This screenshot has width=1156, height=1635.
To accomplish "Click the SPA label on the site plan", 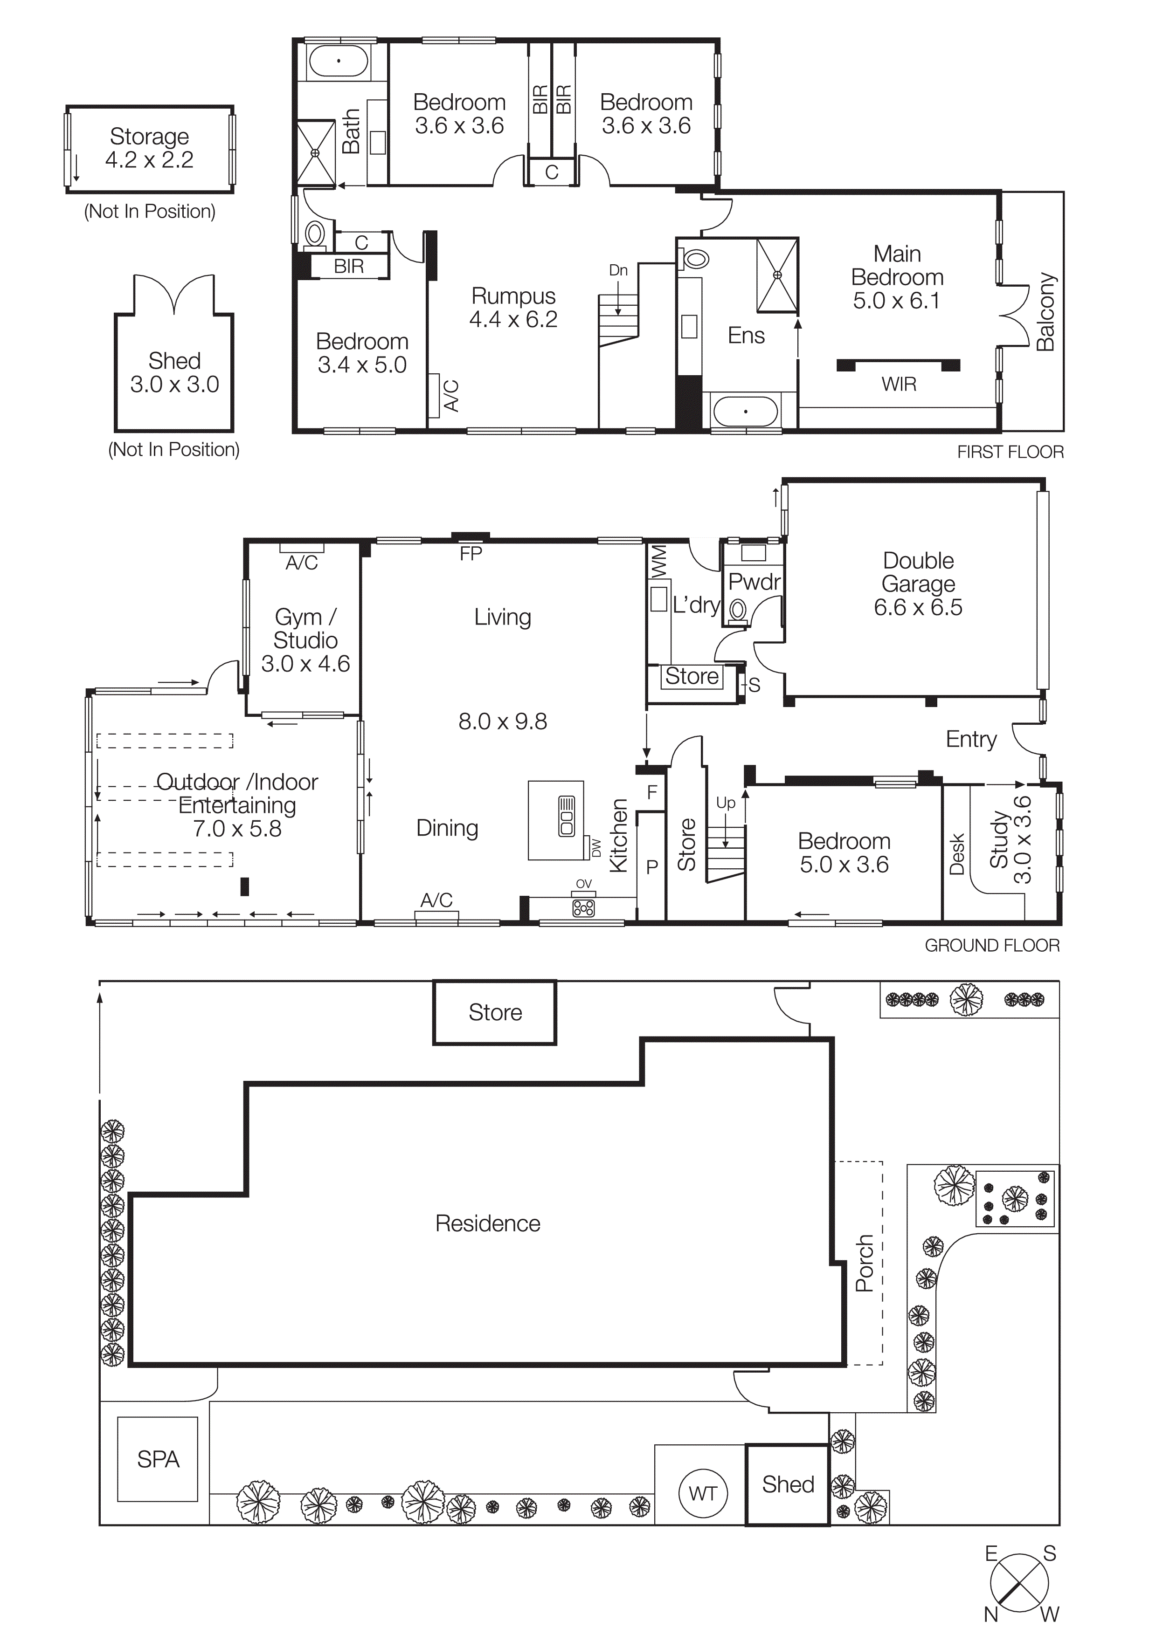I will click(158, 1459).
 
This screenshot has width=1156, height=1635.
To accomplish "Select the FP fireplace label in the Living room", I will click(471, 553).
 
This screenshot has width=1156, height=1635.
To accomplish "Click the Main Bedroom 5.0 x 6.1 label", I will click(897, 277).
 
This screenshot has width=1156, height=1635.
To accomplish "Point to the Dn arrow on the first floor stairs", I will click(617, 297).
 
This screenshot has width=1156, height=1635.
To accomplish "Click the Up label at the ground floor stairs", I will click(726, 803).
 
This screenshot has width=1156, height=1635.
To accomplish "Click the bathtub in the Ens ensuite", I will click(745, 412).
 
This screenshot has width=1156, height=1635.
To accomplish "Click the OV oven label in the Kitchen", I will click(583, 884).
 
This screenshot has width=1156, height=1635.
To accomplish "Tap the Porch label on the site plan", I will click(864, 1263).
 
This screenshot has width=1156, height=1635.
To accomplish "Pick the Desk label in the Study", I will click(956, 854).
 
